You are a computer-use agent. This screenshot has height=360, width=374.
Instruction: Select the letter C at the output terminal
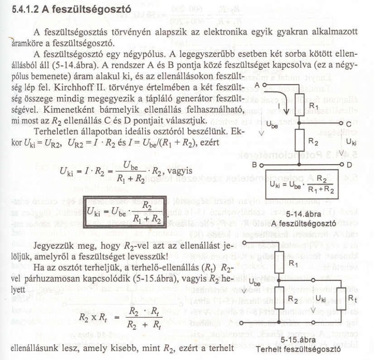coord(349,123)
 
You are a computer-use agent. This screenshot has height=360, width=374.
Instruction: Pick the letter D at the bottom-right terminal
coord(349,165)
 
